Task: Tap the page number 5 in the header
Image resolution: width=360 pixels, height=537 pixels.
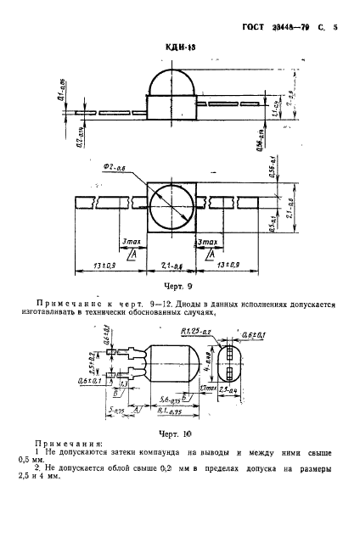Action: pos(335,27)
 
